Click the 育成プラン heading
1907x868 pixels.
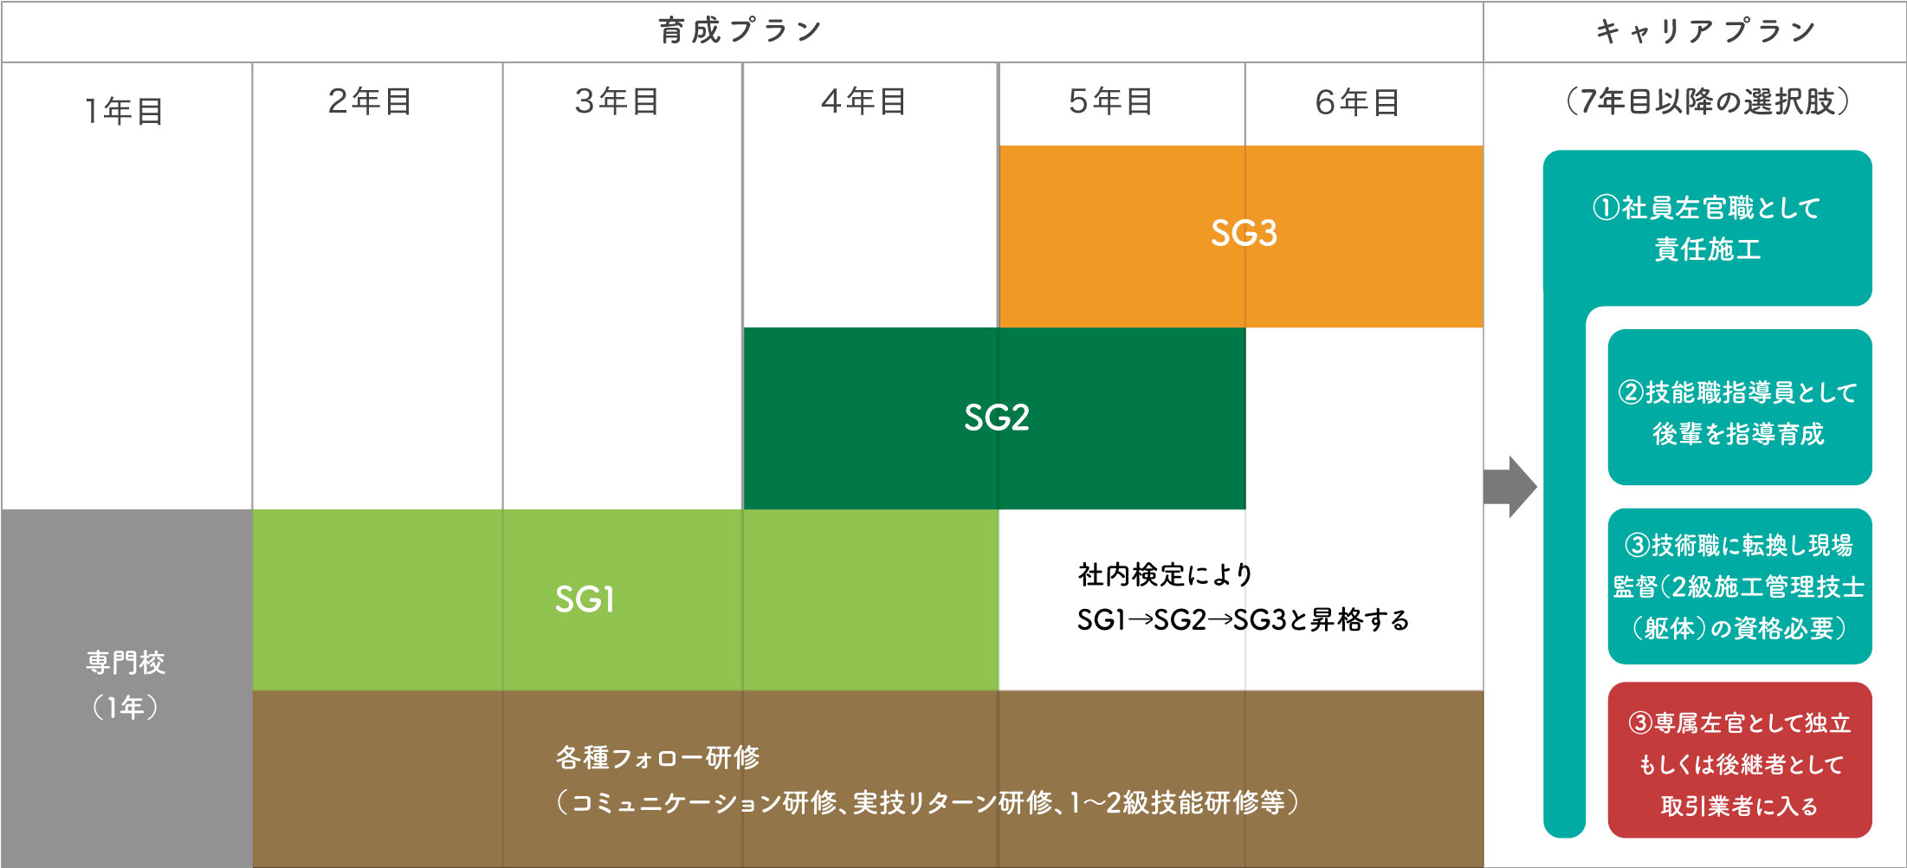(740, 31)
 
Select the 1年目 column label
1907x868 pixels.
(124, 111)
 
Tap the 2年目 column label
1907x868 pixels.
(370, 101)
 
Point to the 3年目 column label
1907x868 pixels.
(617, 101)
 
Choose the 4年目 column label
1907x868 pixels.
(863, 101)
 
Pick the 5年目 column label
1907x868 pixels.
(1110, 101)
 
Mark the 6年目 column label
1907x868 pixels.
(1357, 102)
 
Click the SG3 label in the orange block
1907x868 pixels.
(1244, 233)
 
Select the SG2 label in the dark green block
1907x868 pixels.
(997, 418)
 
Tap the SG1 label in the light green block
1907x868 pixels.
(585, 599)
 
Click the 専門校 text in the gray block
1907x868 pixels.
(126, 663)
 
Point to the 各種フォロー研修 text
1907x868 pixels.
(658, 758)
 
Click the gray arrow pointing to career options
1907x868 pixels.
(1509, 487)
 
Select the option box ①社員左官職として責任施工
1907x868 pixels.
(1708, 228)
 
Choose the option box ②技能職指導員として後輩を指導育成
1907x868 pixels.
(1740, 407)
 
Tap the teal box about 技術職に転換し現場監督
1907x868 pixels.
(1740, 586)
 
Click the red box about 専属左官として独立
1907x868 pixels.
(1740, 760)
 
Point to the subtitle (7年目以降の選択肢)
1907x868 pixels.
(1707, 101)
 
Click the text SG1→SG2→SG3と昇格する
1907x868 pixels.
(1244, 620)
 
